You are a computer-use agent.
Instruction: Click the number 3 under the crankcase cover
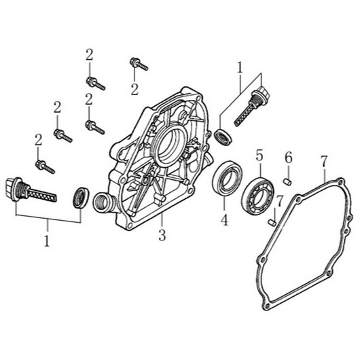click(x=162, y=234)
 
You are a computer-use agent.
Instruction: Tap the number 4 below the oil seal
click(x=224, y=219)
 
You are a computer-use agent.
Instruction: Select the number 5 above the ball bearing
click(x=259, y=156)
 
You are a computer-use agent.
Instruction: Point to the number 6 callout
click(x=289, y=158)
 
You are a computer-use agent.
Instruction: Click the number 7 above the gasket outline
click(x=324, y=162)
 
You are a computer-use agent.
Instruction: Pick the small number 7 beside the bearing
click(x=279, y=202)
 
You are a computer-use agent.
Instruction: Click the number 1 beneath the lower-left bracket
click(x=47, y=240)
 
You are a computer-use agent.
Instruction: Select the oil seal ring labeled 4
click(x=227, y=179)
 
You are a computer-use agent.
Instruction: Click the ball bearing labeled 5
click(x=258, y=196)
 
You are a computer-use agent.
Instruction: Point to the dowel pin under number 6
click(x=287, y=182)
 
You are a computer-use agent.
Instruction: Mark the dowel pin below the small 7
click(x=272, y=223)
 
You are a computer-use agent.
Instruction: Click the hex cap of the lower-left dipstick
click(x=11, y=189)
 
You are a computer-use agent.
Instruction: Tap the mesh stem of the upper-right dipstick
click(x=245, y=114)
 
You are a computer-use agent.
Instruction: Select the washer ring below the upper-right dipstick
click(x=223, y=137)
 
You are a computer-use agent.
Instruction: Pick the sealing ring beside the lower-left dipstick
click(x=81, y=198)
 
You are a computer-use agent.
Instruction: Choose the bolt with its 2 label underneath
click(x=139, y=64)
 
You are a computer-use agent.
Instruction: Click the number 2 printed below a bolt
click(x=134, y=90)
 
